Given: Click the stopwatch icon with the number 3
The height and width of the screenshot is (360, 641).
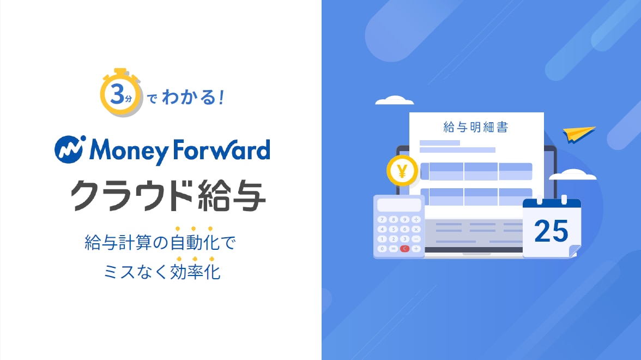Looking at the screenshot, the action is [x=120, y=93].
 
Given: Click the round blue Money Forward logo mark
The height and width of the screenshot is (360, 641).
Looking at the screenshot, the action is [x=70, y=149].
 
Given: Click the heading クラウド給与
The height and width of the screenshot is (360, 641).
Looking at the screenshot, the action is [x=168, y=195].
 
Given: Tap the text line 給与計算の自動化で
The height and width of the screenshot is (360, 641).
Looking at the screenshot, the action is [x=160, y=242].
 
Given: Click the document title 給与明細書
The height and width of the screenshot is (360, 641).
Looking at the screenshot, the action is [x=476, y=127].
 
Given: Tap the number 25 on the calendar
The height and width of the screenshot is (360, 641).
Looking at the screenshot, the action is [x=551, y=231].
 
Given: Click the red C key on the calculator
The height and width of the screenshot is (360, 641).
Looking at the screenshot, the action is [x=404, y=248].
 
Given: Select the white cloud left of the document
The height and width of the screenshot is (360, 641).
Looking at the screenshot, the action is [x=395, y=100].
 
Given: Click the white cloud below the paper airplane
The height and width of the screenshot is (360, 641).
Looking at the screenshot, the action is [x=573, y=175].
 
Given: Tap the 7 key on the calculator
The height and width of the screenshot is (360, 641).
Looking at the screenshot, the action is [x=382, y=220].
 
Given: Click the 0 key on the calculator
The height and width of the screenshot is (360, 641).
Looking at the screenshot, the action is [x=382, y=248].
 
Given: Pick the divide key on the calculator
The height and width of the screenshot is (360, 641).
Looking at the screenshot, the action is [x=416, y=220].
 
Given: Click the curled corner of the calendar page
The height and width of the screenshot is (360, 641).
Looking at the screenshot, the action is [x=574, y=251].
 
